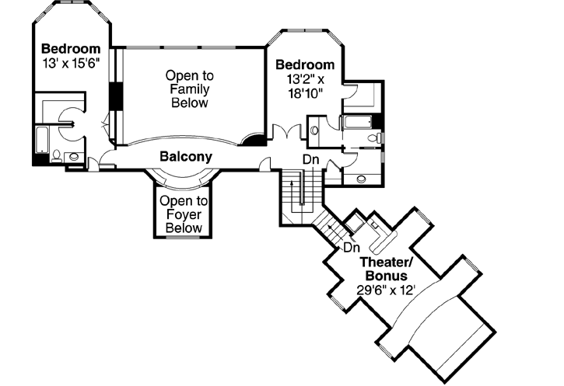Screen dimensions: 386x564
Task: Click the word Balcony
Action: [186, 157]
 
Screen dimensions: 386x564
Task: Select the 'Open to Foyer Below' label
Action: [181, 214]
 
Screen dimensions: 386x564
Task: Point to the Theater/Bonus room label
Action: [387, 269]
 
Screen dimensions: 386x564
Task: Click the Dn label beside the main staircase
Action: [311, 160]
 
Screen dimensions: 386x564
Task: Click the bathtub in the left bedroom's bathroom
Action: [41, 141]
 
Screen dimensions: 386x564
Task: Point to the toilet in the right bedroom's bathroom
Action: [374, 139]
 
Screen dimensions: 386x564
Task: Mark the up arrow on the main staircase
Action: [293, 191]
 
